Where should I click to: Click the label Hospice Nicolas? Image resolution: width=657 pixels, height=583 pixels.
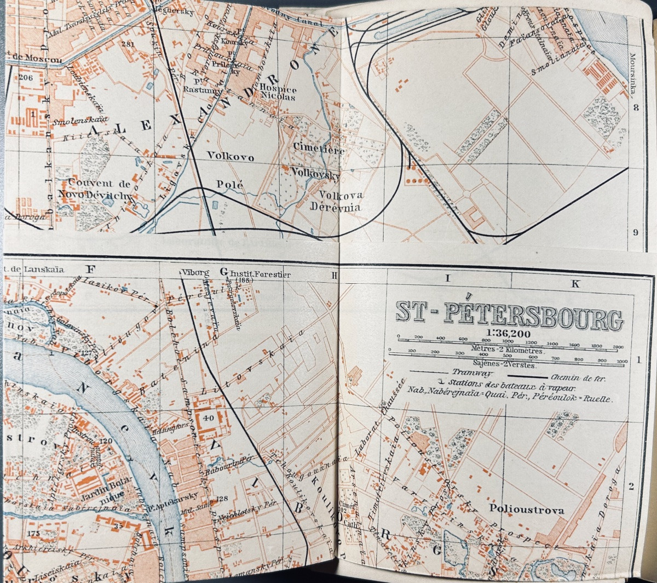click(278, 94)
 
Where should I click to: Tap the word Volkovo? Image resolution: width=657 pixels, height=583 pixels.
click(230, 157)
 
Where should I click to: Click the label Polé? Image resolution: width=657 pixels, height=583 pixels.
click(230, 185)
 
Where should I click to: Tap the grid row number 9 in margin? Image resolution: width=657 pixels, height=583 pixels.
click(635, 232)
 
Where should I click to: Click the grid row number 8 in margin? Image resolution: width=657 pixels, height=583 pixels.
click(636, 108)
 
